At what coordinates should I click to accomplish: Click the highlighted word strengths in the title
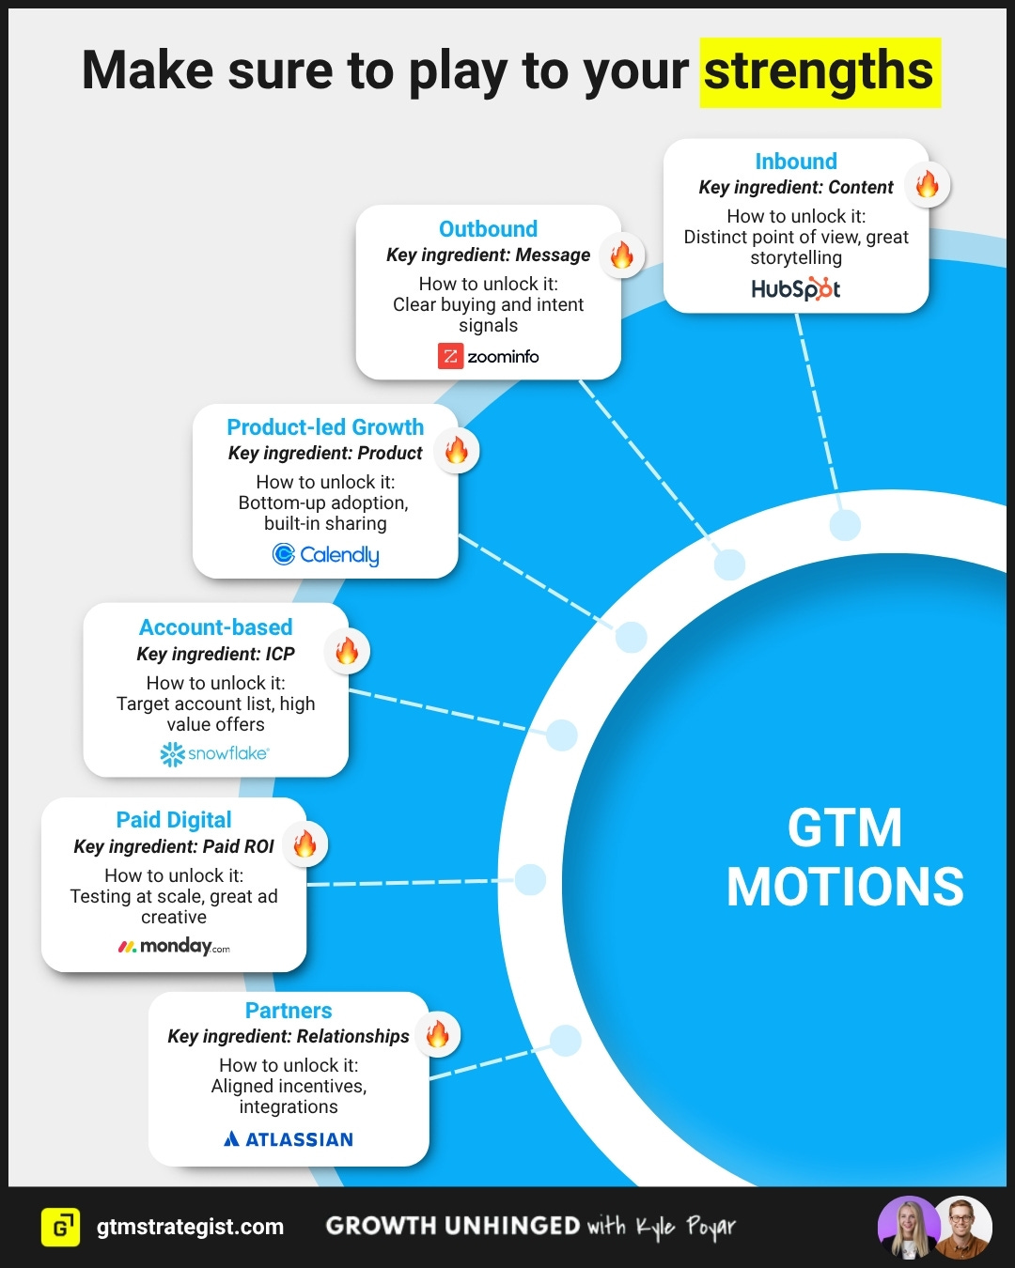click(x=820, y=72)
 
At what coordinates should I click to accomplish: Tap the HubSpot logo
click(x=795, y=288)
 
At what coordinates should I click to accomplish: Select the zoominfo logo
click(x=489, y=356)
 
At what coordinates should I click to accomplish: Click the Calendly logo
click(x=325, y=554)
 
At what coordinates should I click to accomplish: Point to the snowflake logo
click(x=215, y=753)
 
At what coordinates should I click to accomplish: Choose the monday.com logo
click(x=174, y=946)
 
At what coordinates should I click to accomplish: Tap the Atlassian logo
click(x=289, y=1139)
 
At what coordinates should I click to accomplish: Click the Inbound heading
click(x=796, y=162)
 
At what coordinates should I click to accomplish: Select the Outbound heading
click(x=489, y=229)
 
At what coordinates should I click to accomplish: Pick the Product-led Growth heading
click(x=325, y=427)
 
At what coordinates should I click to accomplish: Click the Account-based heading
click(x=216, y=627)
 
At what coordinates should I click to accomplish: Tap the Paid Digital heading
click(x=174, y=820)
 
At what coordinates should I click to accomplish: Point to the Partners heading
click(x=289, y=1011)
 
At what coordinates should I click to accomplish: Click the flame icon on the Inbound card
click(x=928, y=184)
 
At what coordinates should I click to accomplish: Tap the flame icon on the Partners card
click(x=438, y=1034)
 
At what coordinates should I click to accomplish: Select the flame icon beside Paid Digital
click(x=305, y=843)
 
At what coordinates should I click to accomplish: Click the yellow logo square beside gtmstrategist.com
click(x=61, y=1227)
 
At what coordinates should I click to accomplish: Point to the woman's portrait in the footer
click(x=908, y=1227)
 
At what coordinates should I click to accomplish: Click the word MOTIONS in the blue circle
click(x=845, y=887)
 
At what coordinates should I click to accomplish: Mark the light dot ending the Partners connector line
click(x=565, y=1041)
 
